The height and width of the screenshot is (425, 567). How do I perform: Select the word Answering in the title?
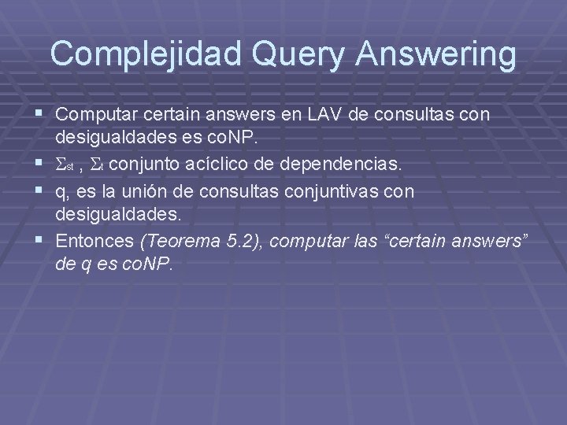click(x=437, y=54)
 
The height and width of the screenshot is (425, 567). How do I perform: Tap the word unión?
click(x=153, y=191)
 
